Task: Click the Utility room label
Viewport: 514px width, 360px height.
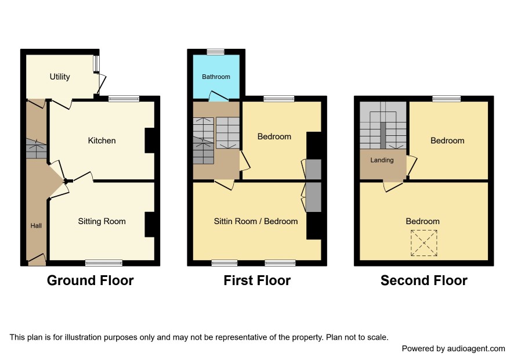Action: pos(60,77)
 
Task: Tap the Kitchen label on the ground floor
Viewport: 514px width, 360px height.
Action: pos(102,141)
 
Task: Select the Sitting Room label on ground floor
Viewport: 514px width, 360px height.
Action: pos(102,221)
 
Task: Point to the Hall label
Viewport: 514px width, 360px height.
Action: pos(36,226)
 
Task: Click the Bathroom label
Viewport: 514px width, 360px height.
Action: pos(216,77)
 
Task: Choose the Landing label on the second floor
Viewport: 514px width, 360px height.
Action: pos(382,160)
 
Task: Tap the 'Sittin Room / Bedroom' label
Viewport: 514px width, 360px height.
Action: pos(256,221)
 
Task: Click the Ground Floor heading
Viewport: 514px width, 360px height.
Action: pos(90,280)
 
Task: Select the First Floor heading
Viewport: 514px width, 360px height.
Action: pos(257,280)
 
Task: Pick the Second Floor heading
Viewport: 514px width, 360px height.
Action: pos(424,280)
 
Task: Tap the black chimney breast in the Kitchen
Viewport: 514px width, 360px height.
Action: pos(150,141)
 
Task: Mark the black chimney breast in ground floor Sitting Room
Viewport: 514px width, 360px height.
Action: pos(150,225)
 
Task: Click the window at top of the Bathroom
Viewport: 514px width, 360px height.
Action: pos(216,52)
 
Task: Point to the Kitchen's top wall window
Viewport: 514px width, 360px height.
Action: pos(124,99)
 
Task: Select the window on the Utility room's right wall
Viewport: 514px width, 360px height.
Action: pos(96,64)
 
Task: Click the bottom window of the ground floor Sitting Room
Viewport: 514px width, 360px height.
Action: pos(104,263)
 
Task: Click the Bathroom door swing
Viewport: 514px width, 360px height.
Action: pos(218,96)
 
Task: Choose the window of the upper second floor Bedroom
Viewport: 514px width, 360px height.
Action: pos(447,99)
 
